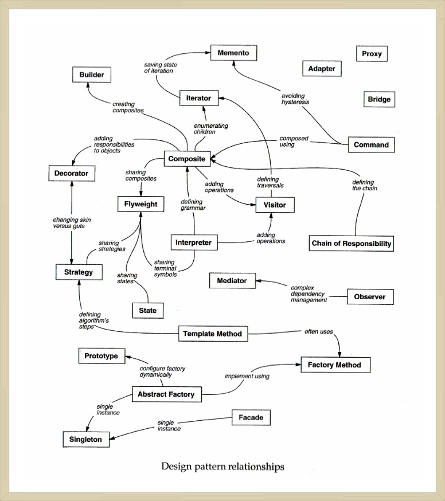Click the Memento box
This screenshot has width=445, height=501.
(x=233, y=53)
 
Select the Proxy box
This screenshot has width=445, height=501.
(x=372, y=54)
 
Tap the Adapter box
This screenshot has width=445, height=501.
(x=322, y=69)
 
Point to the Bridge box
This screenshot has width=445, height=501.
(x=379, y=99)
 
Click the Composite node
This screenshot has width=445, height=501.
(x=187, y=159)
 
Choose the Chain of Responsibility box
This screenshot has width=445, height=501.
(x=352, y=244)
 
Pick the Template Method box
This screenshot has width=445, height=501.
(x=213, y=334)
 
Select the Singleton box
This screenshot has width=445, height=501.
(x=86, y=440)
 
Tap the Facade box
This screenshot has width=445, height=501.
(x=251, y=418)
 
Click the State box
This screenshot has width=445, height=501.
(x=148, y=311)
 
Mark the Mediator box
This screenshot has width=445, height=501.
(x=232, y=281)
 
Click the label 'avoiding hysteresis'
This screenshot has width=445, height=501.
(x=295, y=99)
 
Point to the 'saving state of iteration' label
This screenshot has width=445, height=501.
(x=160, y=68)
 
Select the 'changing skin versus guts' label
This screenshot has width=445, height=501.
(x=72, y=223)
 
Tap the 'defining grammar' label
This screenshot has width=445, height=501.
(x=193, y=205)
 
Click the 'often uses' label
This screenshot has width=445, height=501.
(x=319, y=332)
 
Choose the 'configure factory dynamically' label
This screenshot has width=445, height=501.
(x=162, y=371)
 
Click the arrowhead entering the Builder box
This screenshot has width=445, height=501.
(x=88, y=85)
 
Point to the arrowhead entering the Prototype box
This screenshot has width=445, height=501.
(x=128, y=357)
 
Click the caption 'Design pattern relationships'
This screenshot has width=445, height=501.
(x=222, y=467)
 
